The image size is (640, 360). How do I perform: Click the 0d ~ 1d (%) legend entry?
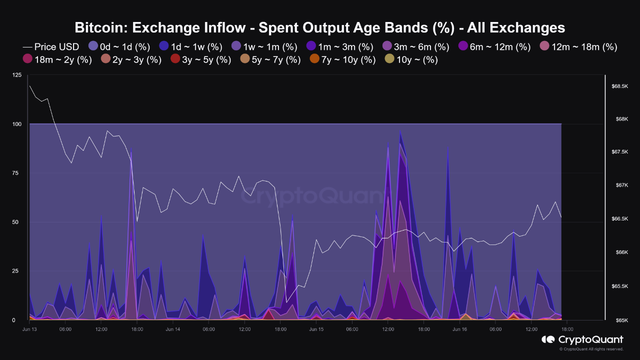coord(119,47)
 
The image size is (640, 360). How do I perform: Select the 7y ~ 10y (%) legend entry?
coord(342,60)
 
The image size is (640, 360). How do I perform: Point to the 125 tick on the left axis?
coord(17,75)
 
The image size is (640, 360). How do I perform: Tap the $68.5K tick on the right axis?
coord(619,86)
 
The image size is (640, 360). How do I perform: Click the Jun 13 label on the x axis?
coord(29,329)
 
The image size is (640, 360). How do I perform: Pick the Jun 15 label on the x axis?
coord(316,329)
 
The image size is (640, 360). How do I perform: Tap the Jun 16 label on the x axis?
coord(459,329)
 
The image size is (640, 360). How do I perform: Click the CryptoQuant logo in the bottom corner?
coord(582,340)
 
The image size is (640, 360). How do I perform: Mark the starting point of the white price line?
coord(30,85)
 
